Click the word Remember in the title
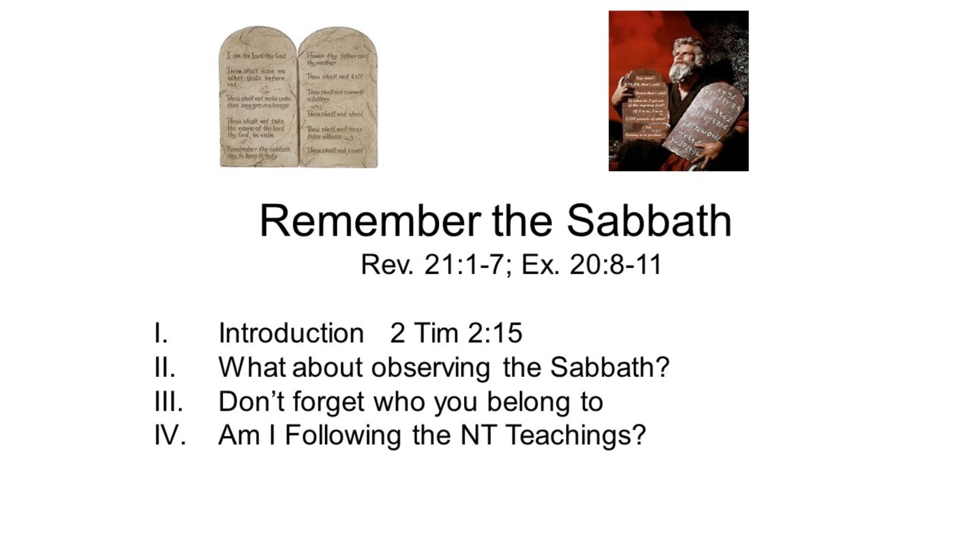pyautogui.click(x=369, y=221)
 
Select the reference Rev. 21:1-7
pyautogui.click(x=431, y=264)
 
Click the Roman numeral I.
pyautogui.click(x=161, y=333)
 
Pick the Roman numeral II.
pyautogui.click(x=164, y=367)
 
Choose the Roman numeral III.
pyautogui.click(x=168, y=401)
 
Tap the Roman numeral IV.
pyautogui.click(x=170, y=435)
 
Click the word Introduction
pyautogui.click(x=291, y=333)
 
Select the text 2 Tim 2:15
pyautogui.click(x=456, y=333)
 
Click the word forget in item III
pyautogui.click(x=328, y=402)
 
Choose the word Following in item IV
pyautogui.click(x=342, y=436)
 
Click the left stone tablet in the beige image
pyautogui.click(x=258, y=99)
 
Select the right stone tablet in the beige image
pyautogui.click(x=338, y=99)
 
